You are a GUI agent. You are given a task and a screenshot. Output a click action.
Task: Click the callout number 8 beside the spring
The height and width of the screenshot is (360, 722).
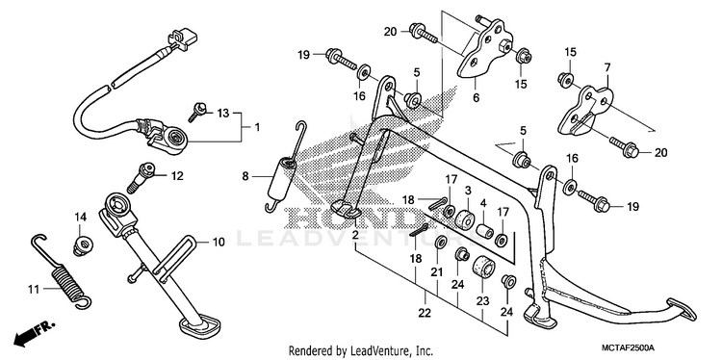coord(245,175)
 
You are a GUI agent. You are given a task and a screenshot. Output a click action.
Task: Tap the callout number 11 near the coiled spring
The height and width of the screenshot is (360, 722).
coord(33,290)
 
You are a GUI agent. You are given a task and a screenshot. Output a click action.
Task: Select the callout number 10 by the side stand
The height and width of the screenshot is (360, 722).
coord(219,242)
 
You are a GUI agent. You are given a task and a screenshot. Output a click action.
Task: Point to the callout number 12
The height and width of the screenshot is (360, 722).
coord(177,176)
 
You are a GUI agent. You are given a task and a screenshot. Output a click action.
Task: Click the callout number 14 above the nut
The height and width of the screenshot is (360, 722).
coord(81,217)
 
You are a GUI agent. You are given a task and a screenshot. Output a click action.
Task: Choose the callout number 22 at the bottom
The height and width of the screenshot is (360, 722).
coord(425,313)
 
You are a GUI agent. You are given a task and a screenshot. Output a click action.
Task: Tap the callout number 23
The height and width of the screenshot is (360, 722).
coord(482,301)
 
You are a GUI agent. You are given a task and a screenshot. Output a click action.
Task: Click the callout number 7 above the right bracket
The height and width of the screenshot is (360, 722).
coord(606,67)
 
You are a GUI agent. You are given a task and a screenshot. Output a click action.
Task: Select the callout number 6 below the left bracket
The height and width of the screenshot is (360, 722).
coord(476,97)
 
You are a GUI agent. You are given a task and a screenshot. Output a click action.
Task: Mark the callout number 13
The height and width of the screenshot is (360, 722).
coord(223,114)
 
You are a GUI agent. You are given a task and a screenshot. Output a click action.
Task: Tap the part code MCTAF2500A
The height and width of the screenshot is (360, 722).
coord(630,347)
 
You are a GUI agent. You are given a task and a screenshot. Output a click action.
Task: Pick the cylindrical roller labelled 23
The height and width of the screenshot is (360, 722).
coord(482,267)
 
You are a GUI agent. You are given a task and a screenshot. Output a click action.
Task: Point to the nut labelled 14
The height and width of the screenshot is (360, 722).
coord(81,245)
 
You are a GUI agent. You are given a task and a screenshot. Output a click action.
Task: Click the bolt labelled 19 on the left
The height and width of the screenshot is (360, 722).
coord(342,60)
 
